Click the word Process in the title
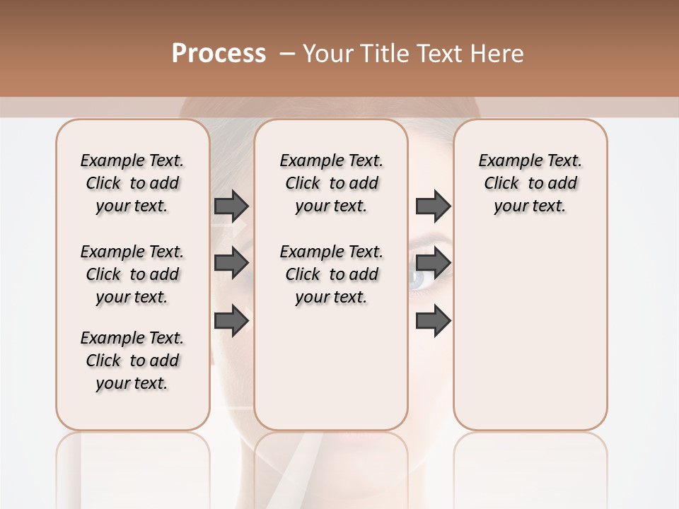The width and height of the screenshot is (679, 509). click(x=219, y=54)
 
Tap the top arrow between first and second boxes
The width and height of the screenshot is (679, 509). click(x=231, y=206)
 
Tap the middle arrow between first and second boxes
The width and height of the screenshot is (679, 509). click(x=231, y=263)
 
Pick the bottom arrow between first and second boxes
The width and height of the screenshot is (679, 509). click(x=231, y=320)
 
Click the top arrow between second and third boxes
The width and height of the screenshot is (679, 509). click(x=433, y=206)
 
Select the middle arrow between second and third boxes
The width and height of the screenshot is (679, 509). click(x=433, y=263)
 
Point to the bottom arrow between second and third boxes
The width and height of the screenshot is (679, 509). click(x=433, y=320)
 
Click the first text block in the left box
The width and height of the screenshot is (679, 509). click(x=132, y=183)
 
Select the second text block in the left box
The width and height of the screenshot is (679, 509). click(x=132, y=274)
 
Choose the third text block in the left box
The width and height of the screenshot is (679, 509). click(x=132, y=361)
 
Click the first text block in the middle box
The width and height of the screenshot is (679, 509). click(x=331, y=183)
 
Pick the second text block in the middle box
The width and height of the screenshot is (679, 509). click(x=331, y=274)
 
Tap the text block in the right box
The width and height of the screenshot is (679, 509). click(x=530, y=183)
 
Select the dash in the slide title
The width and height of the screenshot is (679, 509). click(x=287, y=54)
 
